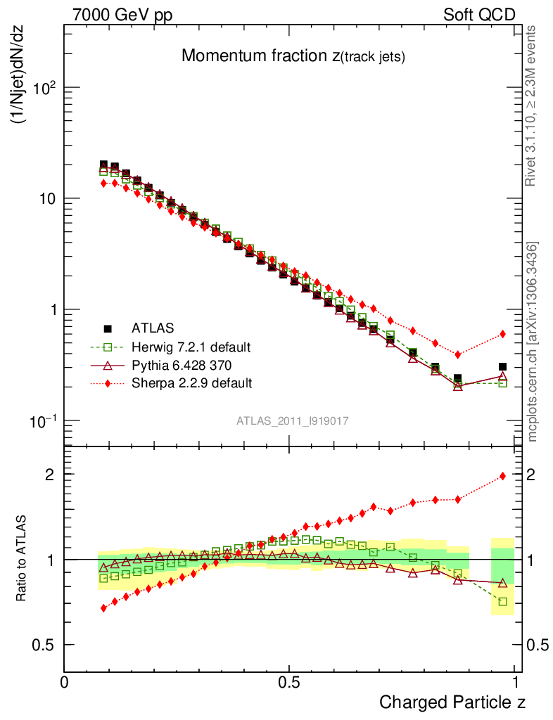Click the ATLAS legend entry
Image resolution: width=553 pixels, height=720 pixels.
(x=153, y=328)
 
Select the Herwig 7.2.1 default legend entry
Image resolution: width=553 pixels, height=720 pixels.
(x=191, y=347)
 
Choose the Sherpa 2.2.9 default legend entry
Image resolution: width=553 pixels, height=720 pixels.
(x=191, y=383)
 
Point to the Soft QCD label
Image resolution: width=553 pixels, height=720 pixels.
(x=479, y=15)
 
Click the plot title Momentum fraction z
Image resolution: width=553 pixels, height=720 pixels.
(x=293, y=56)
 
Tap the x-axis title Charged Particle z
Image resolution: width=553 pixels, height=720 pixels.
(x=452, y=702)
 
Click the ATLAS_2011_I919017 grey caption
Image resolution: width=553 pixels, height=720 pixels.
(x=293, y=420)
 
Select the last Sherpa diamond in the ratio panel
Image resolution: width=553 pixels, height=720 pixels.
(x=502, y=476)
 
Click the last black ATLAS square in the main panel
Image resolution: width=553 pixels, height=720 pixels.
(x=502, y=366)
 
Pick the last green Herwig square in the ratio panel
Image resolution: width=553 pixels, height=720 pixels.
(x=502, y=601)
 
